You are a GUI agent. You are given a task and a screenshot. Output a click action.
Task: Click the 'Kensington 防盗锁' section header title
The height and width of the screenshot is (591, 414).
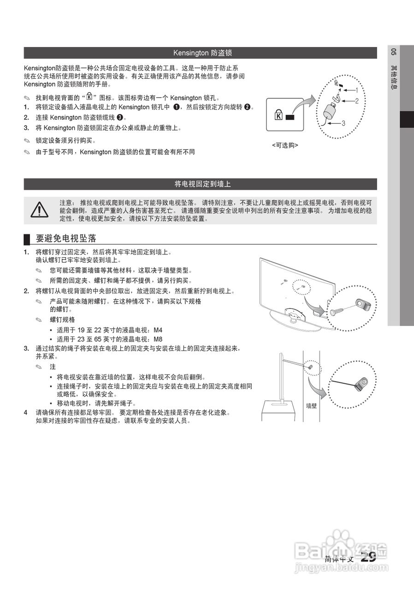(x=202, y=53)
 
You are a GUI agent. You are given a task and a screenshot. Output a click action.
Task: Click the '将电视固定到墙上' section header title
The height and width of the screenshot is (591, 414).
(x=202, y=184)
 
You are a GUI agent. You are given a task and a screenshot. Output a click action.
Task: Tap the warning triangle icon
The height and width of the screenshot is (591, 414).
(x=40, y=210)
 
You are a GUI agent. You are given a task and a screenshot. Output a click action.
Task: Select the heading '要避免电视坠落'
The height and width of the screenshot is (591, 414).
(x=66, y=239)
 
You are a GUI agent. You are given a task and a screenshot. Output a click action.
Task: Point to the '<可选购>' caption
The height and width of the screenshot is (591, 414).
(x=285, y=145)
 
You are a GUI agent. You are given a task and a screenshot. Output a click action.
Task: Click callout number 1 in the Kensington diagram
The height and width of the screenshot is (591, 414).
(x=356, y=90)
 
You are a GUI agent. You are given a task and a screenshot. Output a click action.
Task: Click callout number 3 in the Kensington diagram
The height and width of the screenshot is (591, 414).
(x=343, y=123)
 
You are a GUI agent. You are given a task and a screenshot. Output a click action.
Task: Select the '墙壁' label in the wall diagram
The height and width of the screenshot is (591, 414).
(x=312, y=406)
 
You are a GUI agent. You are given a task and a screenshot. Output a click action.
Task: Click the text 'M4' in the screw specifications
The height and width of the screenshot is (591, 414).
(x=158, y=330)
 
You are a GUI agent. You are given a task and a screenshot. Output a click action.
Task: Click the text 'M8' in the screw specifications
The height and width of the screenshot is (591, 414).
(x=158, y=338)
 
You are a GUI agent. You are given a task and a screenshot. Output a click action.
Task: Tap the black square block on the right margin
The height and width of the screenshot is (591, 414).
(x=407, y=120)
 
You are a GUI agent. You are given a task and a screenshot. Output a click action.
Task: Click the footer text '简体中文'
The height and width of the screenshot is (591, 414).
(x=339, y=559)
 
